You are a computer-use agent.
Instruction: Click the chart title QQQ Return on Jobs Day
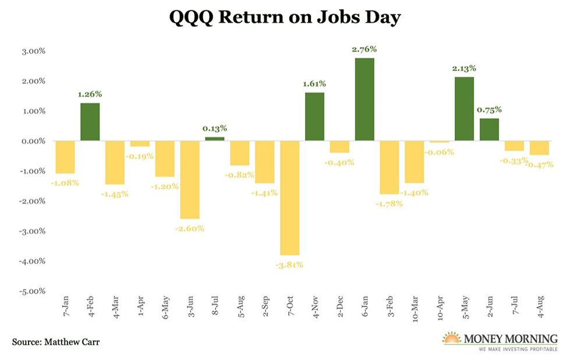pos(285,18)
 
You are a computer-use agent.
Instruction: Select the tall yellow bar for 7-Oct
pos(289,198)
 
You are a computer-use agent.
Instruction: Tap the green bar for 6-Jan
pos(364,100)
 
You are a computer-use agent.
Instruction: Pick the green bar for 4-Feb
pos(90,122)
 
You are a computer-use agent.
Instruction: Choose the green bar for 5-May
pos(464,109)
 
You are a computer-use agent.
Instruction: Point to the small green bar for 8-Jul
pos(214,139)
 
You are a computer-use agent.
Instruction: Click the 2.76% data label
pos(364,50)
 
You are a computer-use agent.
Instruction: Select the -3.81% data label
pos(289,264)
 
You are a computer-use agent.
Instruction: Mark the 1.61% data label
pos(314,84)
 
